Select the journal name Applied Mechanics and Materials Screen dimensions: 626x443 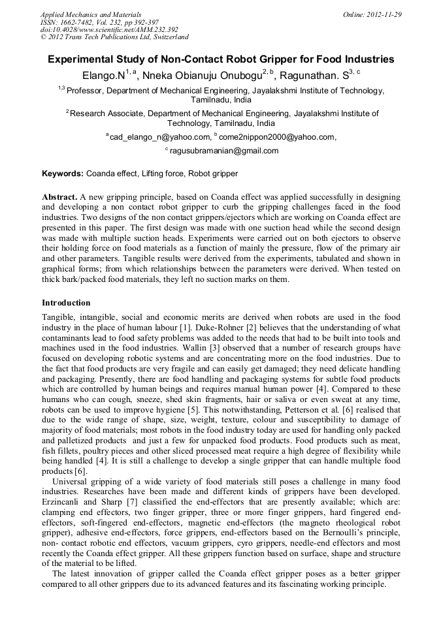pyautogui.click(x=91, y=14)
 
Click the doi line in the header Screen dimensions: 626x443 pyautogui.click(x=109, y=29)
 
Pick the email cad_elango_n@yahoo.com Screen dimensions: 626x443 pyautogui.click(x=160, y=137)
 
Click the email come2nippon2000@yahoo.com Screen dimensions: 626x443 pyautogui.click(x=277, y=137)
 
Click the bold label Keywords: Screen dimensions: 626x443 pyautogui.click(x=63, y=174)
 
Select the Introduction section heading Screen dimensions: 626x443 pyautogui.click(x=66, y=303)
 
